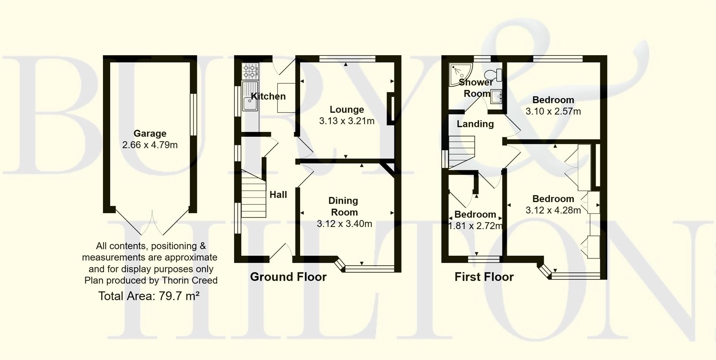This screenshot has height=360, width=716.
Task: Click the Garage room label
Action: click(x=150, y=133)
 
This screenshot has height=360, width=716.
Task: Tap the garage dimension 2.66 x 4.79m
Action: click(x=150, y=145)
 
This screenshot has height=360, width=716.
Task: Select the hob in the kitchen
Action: click(x=250, y=71)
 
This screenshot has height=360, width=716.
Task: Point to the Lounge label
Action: click(x=347, y=110)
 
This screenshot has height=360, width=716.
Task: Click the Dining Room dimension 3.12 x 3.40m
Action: click(x=345, y=224)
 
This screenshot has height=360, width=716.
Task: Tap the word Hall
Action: click(x=278, y=195)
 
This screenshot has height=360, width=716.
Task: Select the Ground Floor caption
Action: click(x=288, y=277)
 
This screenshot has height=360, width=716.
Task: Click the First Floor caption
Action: click(x=484, y=277)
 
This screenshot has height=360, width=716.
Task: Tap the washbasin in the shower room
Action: click(x=496, y=97)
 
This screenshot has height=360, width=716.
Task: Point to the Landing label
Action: click(x=475, y=124)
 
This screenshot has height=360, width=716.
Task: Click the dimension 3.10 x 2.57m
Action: click(x=553, y=111)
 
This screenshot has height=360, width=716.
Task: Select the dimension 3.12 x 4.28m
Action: click(x=553, y=211)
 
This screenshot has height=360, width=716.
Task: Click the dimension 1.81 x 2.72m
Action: click(x=475, y=226)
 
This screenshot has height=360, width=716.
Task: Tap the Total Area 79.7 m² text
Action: click(x=149, y=296)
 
